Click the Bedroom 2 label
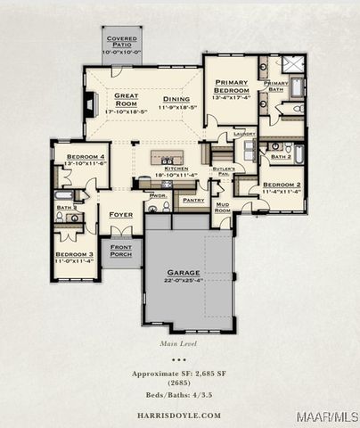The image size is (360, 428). point(280,185)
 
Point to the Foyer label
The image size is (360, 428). point(121,215)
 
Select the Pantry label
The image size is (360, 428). point(193,201)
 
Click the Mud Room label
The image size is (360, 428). point(222,206)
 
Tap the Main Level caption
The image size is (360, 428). point(178,342)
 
